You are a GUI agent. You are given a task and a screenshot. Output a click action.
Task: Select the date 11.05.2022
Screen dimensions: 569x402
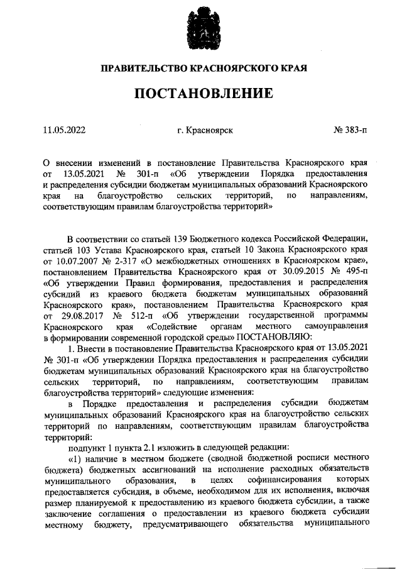click(x=65, y=130)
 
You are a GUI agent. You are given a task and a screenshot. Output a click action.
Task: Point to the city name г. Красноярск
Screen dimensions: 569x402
click(x=205, y=130)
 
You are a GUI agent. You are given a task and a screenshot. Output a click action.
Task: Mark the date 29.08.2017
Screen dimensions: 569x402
click(x=82, y=315)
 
